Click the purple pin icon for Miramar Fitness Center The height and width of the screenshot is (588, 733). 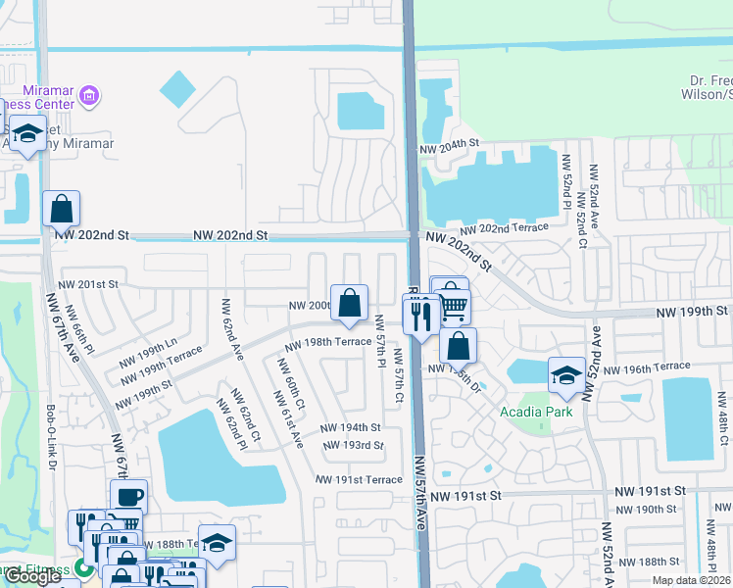[89, 96]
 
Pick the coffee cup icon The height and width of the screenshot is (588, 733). [128, 497]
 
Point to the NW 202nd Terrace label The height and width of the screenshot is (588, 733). [504, 228]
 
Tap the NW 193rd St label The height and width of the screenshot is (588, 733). [350, 445]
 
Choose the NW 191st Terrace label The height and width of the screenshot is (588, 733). [359, 479]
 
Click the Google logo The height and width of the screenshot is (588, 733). [32, 576]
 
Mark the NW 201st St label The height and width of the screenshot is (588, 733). [87, 284]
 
